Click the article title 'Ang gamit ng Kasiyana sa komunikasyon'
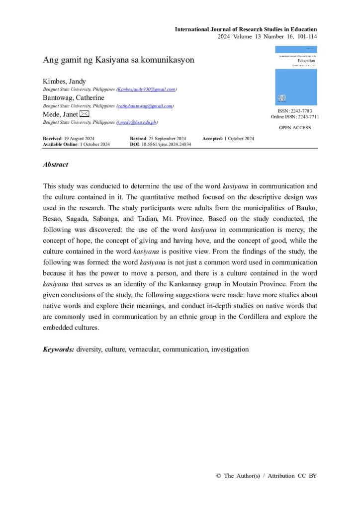click(118, 60)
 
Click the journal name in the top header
click(246, 30)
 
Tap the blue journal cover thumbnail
click(296, 76)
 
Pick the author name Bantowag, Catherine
click(74, 98)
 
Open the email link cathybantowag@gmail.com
click(145, 106)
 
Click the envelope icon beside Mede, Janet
click(85, 114)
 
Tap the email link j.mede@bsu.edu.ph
click(137, 122)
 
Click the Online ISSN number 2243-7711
click(309, 117)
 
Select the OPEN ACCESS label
click(295, 128)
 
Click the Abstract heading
click(56, 165)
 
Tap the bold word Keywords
click(59, 349)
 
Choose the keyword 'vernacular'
click(143, 349)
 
